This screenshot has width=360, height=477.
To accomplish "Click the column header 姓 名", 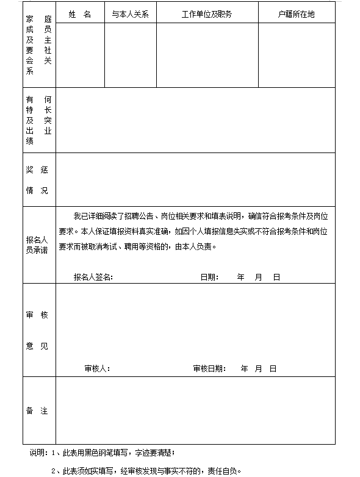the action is click(x=80, y=14).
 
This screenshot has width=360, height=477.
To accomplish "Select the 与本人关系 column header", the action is click(x=130, y=14).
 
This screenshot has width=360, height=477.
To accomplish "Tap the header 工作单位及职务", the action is click(x=207, y=14).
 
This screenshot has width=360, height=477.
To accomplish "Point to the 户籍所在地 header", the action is click(x=297, y=14).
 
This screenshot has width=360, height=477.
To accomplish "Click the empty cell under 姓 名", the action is click(x=80, y=55).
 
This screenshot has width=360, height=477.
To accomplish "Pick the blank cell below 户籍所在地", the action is click(x=297, y=55).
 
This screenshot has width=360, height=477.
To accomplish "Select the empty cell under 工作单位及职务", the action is click(x=207, y=55).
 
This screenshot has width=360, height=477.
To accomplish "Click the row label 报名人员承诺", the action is click(x=37, y=245).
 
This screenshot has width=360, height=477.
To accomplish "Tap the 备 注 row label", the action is click(x=37, y=411).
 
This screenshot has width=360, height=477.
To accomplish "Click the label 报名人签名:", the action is click(x=93, y=277).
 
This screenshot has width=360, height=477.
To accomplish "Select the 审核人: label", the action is click(x=97, y=368).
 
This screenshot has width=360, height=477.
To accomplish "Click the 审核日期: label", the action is click(x=209, y=368).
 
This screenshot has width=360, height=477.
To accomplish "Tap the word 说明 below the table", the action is click(x=37, y=453).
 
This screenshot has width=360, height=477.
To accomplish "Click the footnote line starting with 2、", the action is click(x=146, y=470).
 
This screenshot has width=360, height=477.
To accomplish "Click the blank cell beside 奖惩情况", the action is click(x=195, y=179).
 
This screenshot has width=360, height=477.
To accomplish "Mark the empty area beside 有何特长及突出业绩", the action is click(x=195, y=120).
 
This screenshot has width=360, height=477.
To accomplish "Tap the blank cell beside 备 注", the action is click(x=195, y=411).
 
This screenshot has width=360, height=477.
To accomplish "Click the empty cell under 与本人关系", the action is click(x=130, y=55).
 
